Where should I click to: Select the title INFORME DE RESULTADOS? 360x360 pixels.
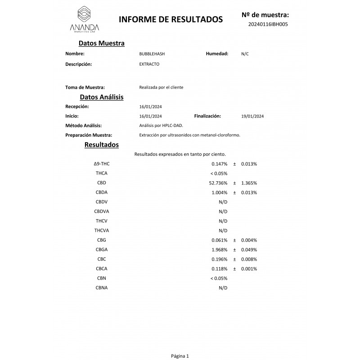click(171, 19)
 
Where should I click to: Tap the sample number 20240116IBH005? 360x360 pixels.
click(268, 24)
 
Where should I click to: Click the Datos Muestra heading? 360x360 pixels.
click(101, 43)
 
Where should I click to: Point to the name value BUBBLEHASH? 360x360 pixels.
click(152, 54)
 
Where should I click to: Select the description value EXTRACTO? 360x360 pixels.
click(149, 64)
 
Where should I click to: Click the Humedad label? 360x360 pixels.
click(217, 54)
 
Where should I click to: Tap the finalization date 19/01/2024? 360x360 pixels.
click(252, 116)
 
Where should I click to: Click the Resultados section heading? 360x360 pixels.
click(102, 145)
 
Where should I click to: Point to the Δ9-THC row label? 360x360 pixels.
click(102, 164)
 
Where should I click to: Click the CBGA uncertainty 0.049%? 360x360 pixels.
click(249, 250)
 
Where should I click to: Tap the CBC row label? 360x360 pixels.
click(102, 259)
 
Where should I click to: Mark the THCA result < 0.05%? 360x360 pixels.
click(219, 173)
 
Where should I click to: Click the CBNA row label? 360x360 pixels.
click(102, 288)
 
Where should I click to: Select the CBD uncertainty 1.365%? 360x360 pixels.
click(249, 183)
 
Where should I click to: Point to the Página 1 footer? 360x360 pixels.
click(180, 355)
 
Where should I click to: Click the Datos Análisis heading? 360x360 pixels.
click(102, 97)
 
